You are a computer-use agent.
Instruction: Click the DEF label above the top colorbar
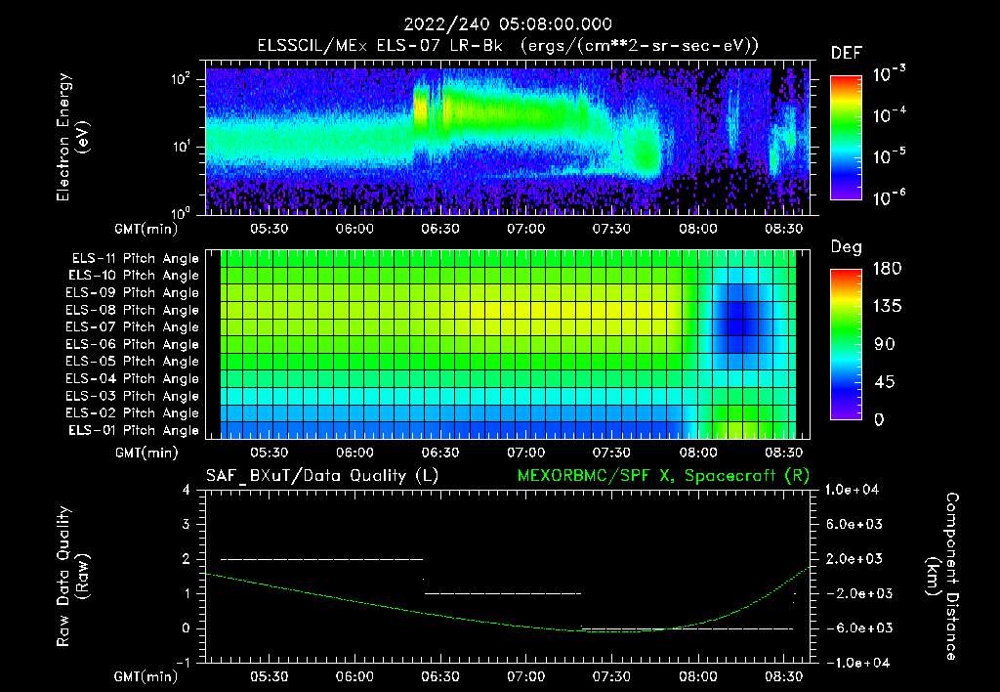[x=846, y=53]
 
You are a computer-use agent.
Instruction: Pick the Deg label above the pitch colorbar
[x=846, y=247]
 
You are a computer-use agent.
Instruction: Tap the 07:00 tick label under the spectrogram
[x=526, y=229]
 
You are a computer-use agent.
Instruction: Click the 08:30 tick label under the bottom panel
[x=784, y=675]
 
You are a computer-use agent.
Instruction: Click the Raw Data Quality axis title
[x=72, y=576]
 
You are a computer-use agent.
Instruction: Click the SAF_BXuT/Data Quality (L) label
[x=321, y=476]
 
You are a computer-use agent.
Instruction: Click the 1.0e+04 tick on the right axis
[x=854, y=490]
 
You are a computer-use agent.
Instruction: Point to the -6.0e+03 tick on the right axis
[x=854, y=627]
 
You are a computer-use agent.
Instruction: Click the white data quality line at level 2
[x=322, y=559]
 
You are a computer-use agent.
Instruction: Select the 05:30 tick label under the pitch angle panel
[x=270, y=453]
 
